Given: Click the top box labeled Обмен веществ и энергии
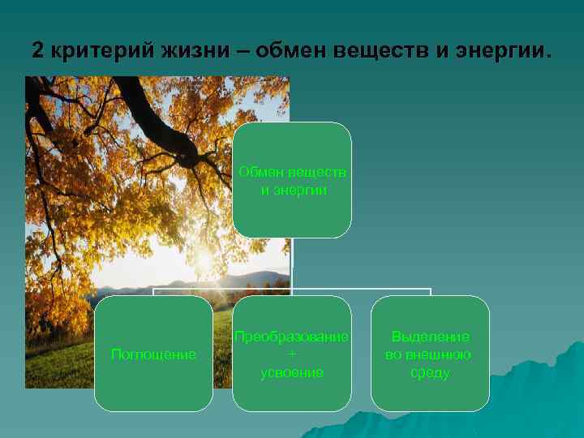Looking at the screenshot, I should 292,180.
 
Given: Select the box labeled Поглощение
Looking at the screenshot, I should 153,354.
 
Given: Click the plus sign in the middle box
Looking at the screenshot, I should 292,354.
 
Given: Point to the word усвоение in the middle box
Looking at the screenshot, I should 292,372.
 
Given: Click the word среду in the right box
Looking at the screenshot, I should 430,373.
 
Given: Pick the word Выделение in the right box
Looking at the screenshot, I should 430,337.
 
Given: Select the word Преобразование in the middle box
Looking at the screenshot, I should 292,337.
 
